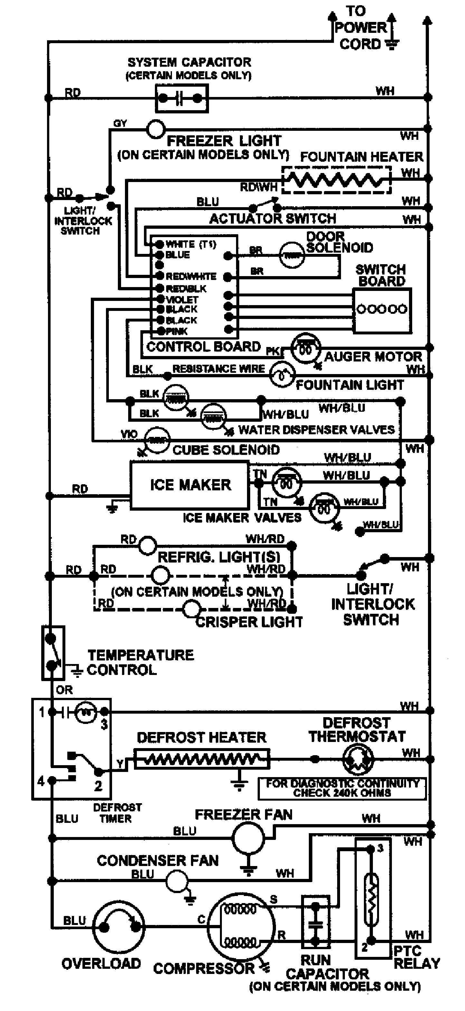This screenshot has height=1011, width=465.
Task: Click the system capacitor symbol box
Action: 182,99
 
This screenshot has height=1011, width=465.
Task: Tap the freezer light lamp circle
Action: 156,129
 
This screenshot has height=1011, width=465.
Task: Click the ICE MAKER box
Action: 190,485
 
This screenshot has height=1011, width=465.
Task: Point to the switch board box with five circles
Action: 382,310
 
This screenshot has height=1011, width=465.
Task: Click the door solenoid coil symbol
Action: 291,255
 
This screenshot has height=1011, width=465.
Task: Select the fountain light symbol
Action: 282,375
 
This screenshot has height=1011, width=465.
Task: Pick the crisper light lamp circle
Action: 192,609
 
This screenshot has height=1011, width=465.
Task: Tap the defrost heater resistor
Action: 202,759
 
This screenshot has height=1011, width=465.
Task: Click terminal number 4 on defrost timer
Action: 41,781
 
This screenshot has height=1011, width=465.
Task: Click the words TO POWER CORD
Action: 360,27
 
